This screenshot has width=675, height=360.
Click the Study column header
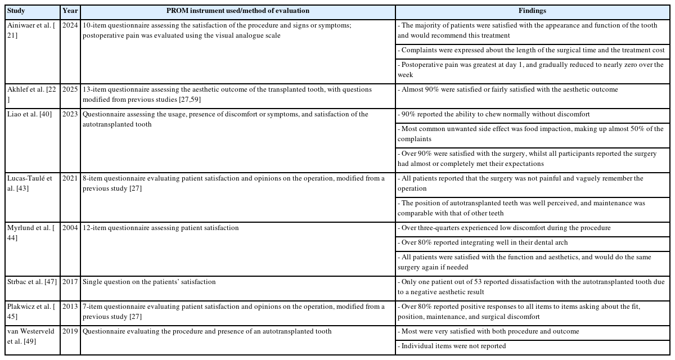point(16,11)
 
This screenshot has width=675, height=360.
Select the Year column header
point(70,11)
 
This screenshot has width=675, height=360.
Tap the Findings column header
point(532,11)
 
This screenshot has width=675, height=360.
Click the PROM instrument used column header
point(238,11)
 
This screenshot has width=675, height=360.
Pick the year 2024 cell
point(70,26)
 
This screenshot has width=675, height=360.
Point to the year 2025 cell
point(70,89)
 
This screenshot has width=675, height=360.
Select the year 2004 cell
point(70,228)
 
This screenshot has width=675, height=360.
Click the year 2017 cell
point(70,282)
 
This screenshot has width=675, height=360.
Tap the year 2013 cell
point(70,307)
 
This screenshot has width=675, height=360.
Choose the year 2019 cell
point(70,331)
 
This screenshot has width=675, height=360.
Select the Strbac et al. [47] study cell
point(32,282)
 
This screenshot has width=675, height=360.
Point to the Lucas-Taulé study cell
point(30,183)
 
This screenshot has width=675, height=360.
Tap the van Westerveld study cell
point(30,336)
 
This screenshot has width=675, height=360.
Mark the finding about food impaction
point(530,133)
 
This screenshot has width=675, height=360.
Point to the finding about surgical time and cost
point(530,50)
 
